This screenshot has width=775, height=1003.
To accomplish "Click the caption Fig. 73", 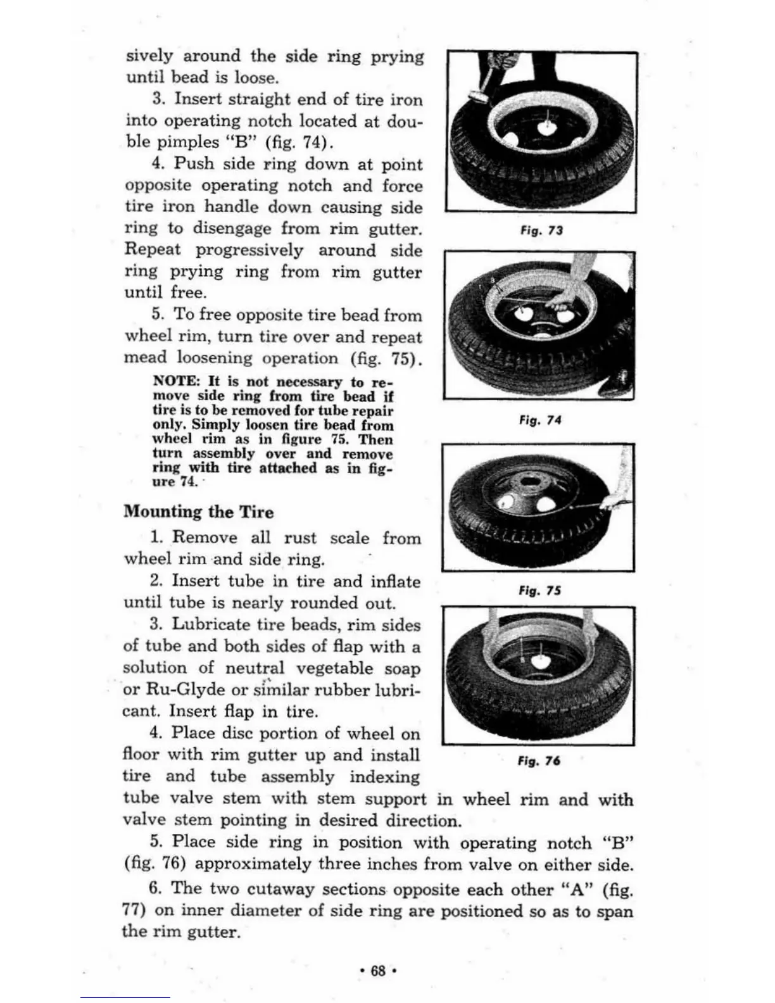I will click(541, 230).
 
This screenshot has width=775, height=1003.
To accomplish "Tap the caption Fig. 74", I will click(539, 420).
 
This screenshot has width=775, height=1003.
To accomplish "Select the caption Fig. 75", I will click(539, 590).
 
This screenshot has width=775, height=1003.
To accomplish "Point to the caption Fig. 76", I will click(539, 760).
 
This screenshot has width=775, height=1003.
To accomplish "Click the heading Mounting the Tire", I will click(199, 512).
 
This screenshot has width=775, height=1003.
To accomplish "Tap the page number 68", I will click(377, 971).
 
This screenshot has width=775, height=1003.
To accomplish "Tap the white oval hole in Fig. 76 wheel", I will click(541, 661).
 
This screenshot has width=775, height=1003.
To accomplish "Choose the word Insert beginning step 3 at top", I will click(197, 99).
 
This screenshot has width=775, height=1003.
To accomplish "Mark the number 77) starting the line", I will click(134, 911).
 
